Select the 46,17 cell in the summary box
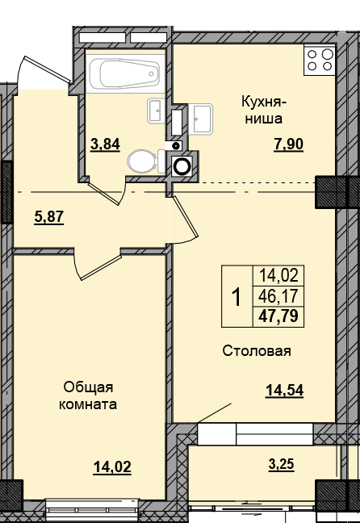point(277,296)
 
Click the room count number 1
point(237,296)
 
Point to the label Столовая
point(257,351)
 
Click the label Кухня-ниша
point(259,111)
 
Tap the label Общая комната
point(87,395)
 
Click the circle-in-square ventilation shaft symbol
point(183,165)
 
